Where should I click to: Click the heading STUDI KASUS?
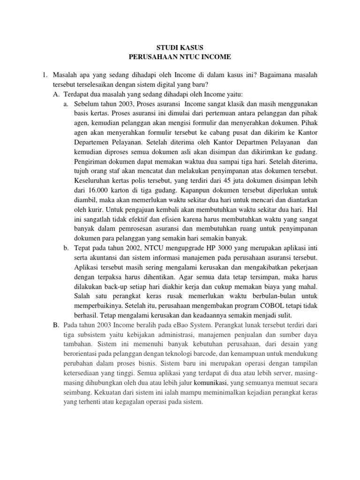point(180,47)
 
